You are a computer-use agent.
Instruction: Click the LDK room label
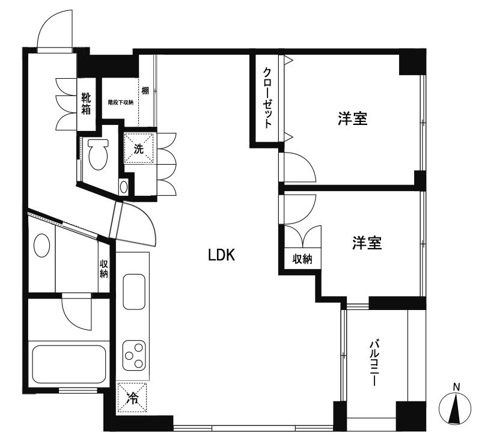[221, 255]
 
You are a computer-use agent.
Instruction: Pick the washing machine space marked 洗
[139, 148]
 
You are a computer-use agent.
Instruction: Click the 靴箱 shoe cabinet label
[87, 103]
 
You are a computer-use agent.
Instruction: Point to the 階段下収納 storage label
[120, 102]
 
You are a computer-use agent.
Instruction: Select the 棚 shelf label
[145, 91]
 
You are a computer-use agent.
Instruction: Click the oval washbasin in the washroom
[41, 245]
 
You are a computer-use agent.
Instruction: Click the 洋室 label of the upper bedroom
[352, 119]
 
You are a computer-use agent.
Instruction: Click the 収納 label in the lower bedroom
[302, 259]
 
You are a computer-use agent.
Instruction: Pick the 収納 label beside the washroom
[104, 269]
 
